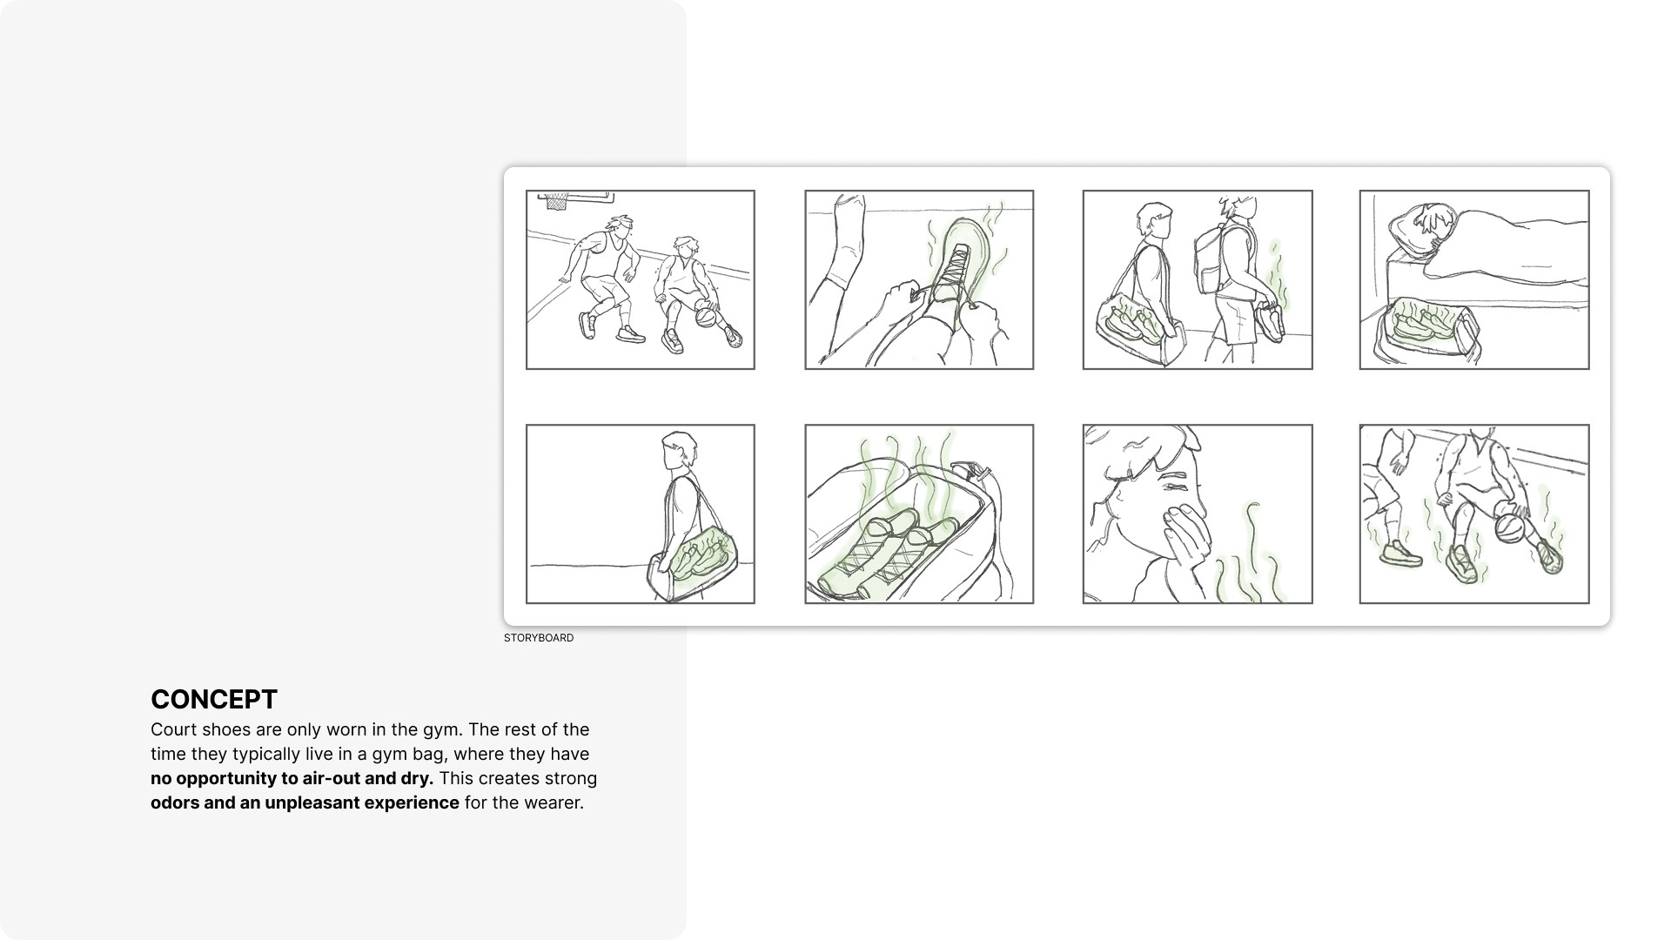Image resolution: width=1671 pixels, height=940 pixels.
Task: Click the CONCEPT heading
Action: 214,699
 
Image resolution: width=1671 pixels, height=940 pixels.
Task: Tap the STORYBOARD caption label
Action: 539,638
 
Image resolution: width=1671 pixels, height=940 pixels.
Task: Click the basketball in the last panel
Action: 1509,527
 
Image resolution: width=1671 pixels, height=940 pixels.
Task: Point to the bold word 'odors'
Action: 175,802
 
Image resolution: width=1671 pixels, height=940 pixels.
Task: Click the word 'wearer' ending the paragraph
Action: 553,802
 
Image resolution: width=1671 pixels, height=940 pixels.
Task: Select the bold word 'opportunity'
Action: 226,778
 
